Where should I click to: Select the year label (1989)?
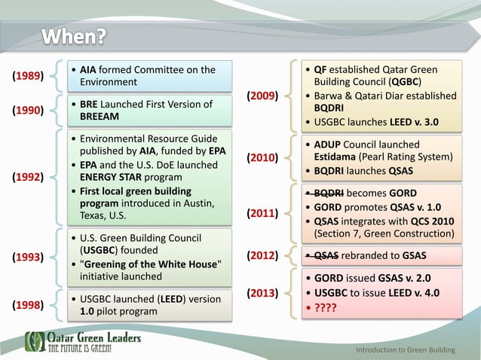pyautogui.click(x=28, y=75)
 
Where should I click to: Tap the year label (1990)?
pyautogui.click(x=28, y=111)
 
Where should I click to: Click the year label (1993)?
pyautogui.click(x=28, y=257)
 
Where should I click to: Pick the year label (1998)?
pyautogui.click(x=28, y=306)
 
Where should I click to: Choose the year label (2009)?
pyautogui.click(x=263, y=96)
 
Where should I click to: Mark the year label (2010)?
pyautogui.click(x=263, y=158)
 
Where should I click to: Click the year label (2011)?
pyautogui.click(x=263, y=214)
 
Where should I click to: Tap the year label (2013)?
pyautogui.click(x=263, y=292)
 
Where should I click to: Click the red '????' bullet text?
pyautogui.click(x=326, y=307)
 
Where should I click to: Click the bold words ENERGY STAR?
pyautogui.click(x=114, y=177)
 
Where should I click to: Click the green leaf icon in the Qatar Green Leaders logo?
pyautogui.click(x=35, y=342)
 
